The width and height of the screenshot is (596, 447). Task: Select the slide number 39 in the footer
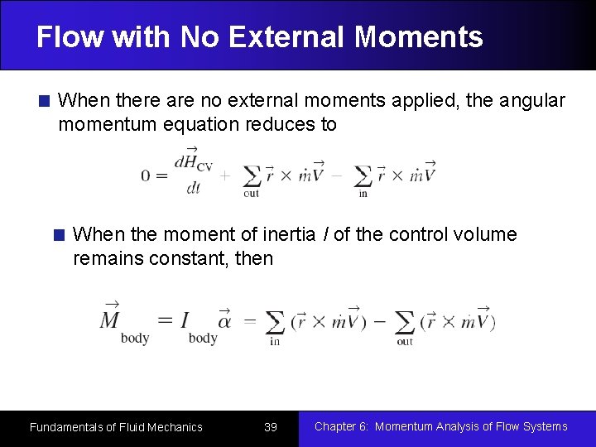click(270, 427)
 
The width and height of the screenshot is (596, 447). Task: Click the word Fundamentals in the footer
click(65, 427)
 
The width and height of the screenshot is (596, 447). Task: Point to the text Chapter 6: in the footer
click(341, 427)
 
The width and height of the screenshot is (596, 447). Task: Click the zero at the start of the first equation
click(147, 175)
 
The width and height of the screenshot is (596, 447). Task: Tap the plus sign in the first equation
click(224, 175)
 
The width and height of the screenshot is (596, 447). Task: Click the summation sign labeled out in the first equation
click(251, 177)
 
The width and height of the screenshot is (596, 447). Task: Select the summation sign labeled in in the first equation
click(363, 177)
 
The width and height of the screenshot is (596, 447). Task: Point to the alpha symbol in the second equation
click(223, 320)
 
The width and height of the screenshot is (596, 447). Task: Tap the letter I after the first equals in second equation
click(185, 320)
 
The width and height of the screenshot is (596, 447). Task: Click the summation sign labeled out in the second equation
click(404, 322)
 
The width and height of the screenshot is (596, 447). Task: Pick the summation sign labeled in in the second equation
click(275, 322)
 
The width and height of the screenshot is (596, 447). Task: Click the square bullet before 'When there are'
click(46, 102)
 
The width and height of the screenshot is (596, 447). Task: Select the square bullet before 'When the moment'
click(60, 235)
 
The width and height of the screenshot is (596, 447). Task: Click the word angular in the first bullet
click(531, 101)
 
